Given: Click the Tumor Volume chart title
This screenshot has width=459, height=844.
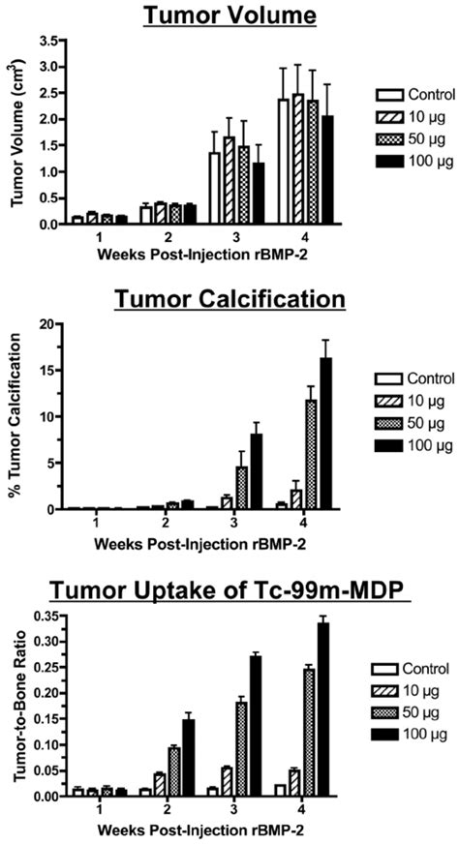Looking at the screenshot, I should [x=229, y=16].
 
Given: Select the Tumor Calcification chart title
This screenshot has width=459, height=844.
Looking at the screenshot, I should [x=229, y=298].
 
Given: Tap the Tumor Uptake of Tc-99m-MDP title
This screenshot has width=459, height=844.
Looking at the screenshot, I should [x=229, y=592].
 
